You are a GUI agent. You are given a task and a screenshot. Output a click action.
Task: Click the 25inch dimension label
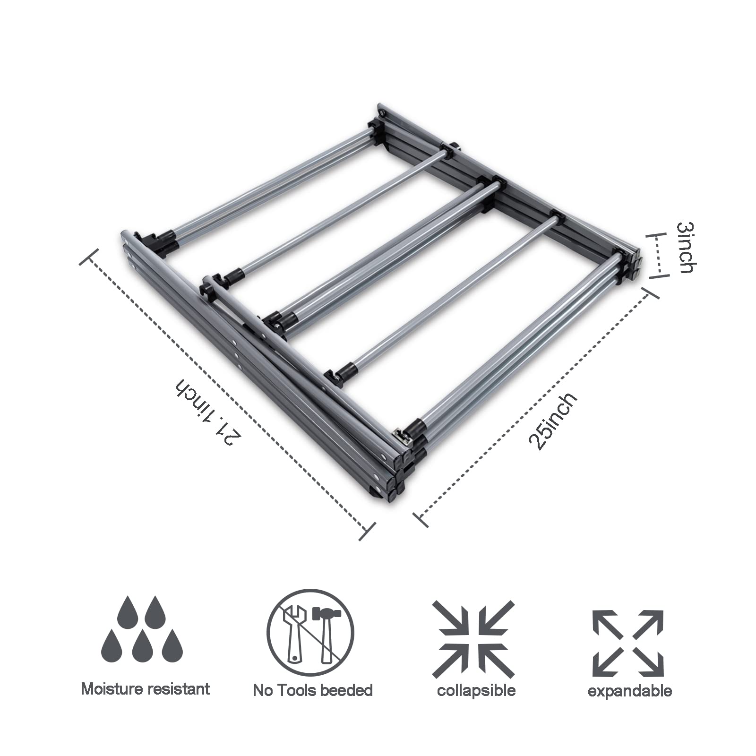(x=553, y=421)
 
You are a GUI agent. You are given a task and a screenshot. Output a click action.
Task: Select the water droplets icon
(x=142, y=629)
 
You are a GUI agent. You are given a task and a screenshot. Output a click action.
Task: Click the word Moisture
(x=111, y=688)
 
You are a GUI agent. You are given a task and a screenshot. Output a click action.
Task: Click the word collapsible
(x=476, y=690)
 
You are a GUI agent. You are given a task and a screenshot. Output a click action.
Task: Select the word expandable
(x=629, y=691)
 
